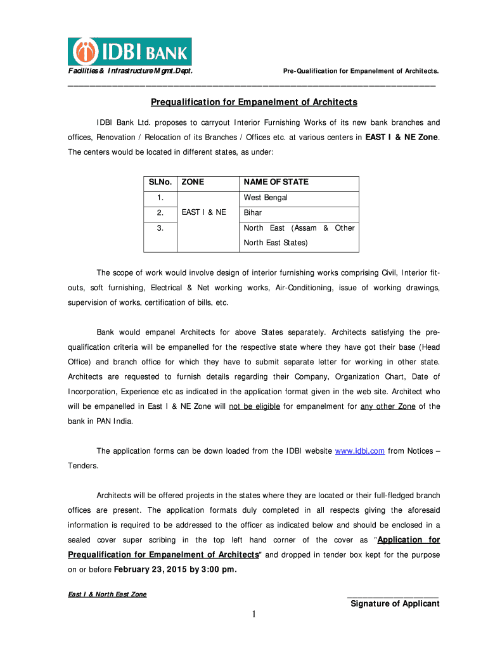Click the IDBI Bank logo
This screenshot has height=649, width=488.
(130, 51)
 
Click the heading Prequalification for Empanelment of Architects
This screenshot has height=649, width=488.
(254, 102)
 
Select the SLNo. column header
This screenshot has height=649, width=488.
(160, 182)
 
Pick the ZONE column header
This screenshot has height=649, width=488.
(193, 182)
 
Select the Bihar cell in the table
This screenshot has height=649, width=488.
(253, 213)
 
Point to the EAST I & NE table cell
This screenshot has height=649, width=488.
(203, 213)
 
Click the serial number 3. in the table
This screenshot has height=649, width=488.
(160, 228)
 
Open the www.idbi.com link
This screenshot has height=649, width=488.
(359, 451)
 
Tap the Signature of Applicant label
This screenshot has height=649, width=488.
(395, 603)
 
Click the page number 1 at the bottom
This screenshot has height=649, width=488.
(253, 614)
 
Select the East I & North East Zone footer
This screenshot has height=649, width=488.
(107, 594)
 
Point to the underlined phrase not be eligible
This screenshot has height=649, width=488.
(254, 406)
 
